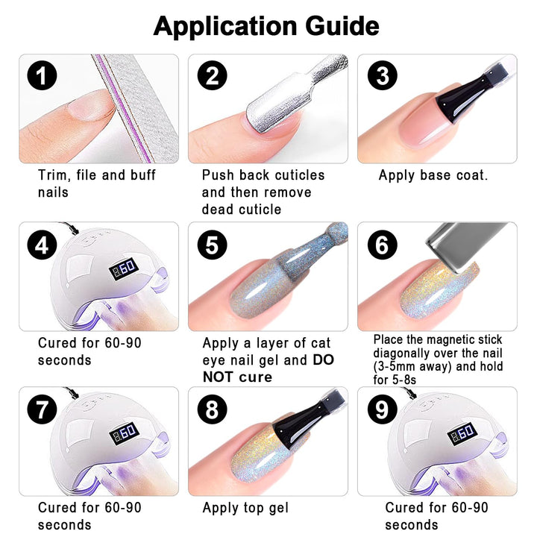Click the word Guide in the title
coord(342,26)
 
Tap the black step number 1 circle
coord(42,75)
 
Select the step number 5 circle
coord(212,245)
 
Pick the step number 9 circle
coord(383,409)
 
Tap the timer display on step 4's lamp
coord(124,269)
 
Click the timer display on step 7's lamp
coord(124,434)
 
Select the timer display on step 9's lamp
coord(462,434)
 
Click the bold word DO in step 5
coord(323,360)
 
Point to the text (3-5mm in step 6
coord(394,367)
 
